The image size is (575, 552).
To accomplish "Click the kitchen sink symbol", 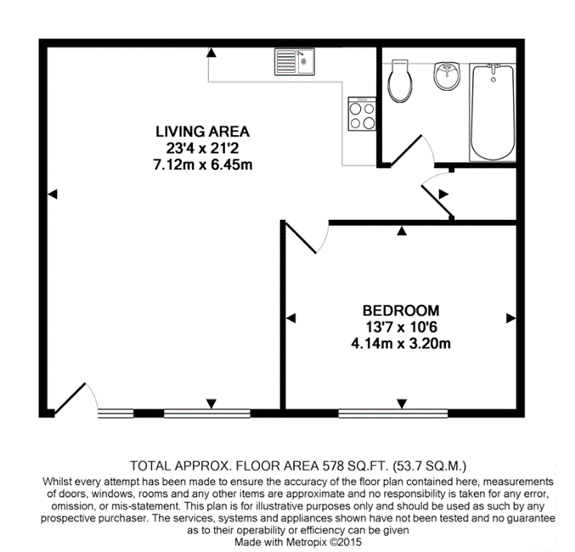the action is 295,62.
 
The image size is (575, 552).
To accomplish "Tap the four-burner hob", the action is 362,113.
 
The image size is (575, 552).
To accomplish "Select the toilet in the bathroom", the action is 400,81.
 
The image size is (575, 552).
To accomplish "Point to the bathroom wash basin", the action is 446,76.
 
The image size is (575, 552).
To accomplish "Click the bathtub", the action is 493,112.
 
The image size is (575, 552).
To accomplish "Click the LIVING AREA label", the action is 203,132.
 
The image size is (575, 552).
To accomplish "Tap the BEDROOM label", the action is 401,311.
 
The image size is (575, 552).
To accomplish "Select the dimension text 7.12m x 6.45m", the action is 203,165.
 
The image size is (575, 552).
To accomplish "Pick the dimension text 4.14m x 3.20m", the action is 401,344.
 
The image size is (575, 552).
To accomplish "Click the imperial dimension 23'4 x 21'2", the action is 203,149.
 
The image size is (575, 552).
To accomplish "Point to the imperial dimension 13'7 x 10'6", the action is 401,327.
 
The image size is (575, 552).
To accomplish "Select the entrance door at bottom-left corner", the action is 70,398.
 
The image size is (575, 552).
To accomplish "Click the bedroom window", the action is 392,414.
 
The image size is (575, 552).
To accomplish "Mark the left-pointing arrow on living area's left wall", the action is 53,194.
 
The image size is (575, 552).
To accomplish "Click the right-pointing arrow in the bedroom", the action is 510,318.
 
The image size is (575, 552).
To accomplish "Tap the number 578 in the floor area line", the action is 333,466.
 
